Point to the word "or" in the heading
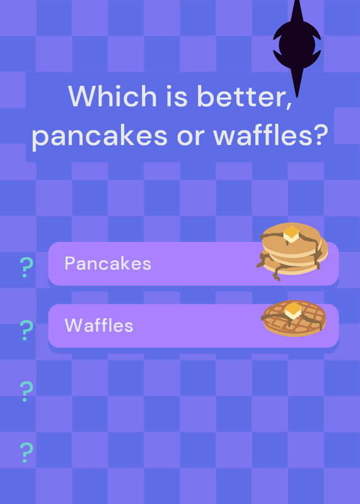click(x=190, y=137)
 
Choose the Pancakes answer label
click(x=108, y=263)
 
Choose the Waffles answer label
click(x=99, y=325)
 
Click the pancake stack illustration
click(x=292, y=251)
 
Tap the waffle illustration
click(x=294, y=318)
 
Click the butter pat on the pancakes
click(x=291, y=234)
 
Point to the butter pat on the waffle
click(x=293, y=311)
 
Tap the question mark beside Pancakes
click(x=26, y=267)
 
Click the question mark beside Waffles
click(x=26, y=330)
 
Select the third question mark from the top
click(x=26, y=391)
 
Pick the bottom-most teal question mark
click(x=26, y=452)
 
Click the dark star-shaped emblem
click(x=296, y=45)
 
